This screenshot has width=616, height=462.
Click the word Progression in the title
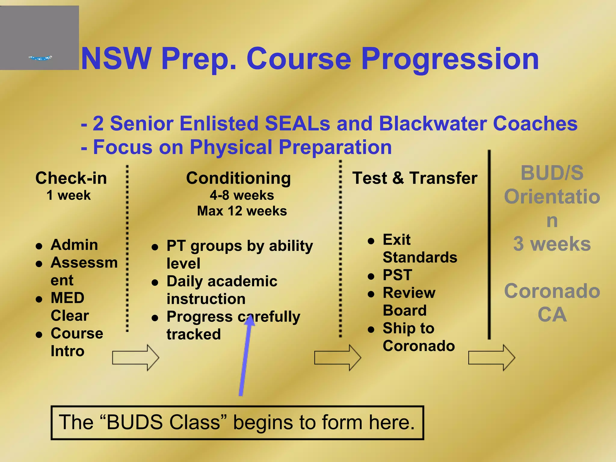450,59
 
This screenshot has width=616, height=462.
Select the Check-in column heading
71,178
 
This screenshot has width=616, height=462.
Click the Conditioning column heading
238,178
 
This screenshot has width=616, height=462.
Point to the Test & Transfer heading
415,178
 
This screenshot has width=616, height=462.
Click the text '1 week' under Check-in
68,196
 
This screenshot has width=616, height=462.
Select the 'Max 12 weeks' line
242,211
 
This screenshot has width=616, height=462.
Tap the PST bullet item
397,275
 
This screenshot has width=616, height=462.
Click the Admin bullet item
74,245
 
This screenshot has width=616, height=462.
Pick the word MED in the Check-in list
67,298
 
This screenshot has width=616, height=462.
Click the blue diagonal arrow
245,358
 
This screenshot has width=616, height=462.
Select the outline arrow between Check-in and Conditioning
135,358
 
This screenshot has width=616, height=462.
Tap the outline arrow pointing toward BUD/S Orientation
491,358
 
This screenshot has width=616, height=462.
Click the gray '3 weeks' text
552,244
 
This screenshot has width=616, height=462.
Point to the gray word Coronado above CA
552,291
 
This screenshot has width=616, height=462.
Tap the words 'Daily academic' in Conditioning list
222,282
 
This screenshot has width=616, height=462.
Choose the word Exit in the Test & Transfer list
396,240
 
